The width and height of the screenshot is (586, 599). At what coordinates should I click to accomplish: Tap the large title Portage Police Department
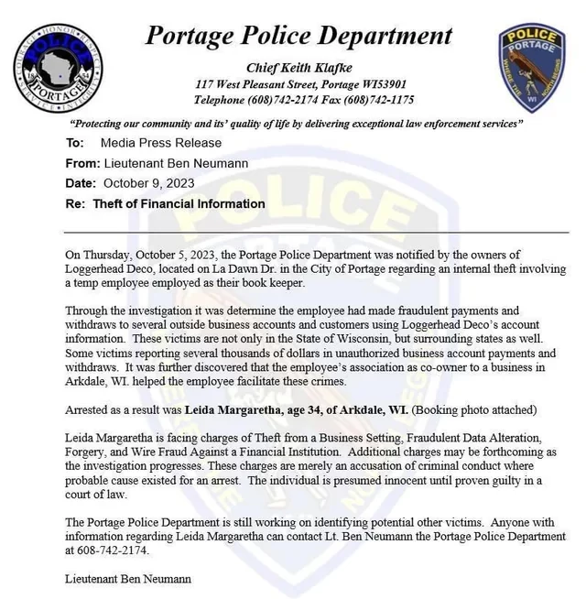(x=298, y=36)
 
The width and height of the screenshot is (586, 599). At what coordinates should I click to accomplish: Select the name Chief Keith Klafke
(x=298, y=68)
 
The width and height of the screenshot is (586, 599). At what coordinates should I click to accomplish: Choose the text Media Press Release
(x=160, y=143)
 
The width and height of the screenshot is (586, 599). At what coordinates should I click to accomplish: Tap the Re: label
(x=76, y=204)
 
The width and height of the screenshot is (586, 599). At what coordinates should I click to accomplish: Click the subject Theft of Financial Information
(x=179, y=204)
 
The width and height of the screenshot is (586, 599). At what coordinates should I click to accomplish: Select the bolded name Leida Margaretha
(x=241, y=410)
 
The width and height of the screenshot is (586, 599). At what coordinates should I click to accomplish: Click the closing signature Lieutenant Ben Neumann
(x=128, y=579)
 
